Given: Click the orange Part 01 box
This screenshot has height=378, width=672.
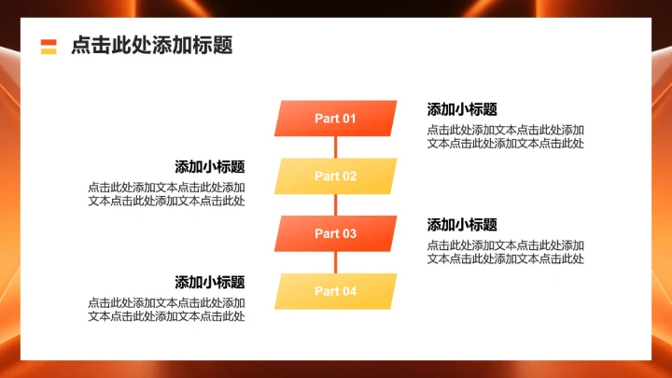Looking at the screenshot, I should coord(335,119).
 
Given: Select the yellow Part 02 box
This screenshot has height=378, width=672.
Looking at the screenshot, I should coord(335,176).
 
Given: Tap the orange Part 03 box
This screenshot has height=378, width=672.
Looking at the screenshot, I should coord(335,233).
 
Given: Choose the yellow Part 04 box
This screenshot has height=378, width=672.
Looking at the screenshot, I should coord(335,291).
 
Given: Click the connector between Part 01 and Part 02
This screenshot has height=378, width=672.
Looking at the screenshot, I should coord(335,147).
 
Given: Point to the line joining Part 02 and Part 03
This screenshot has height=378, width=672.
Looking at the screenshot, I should coord(335,205).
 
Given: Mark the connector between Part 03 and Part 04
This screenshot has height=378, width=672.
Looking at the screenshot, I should coord(335,262).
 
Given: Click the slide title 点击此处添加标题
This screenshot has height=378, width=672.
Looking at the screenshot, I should coord(151,46).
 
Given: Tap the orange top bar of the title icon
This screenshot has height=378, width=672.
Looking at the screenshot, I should coord(49,42).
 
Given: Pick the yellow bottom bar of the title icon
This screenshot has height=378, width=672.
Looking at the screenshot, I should coord(49,51).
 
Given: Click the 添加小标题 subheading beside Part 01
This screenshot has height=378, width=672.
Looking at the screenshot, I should coord(462,109).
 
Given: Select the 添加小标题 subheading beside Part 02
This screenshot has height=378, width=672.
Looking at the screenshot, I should coord(210,167).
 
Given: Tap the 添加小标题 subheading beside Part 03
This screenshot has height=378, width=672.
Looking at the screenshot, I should coord(462,225).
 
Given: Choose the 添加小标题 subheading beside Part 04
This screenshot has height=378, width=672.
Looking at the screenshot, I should coord(210,282).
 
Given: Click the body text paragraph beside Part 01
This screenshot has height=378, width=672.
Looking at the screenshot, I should coord(506,136).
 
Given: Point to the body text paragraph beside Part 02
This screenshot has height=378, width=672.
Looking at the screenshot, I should coord(167,194).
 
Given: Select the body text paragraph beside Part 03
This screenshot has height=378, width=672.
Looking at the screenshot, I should coord(506,252).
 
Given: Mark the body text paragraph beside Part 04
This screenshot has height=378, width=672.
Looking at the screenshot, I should coord(167,310).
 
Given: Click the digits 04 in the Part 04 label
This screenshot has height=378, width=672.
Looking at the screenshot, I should coord(348,291).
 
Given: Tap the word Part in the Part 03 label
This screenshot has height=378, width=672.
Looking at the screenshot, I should coord(326,233).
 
